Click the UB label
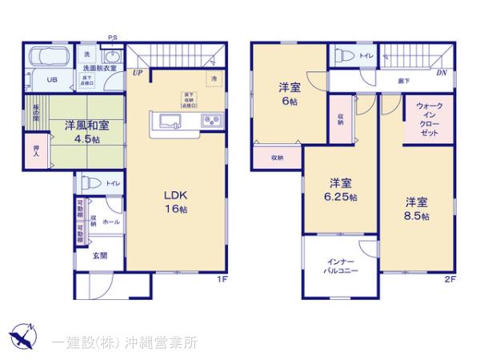tap(50, 80)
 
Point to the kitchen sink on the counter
tap(171, 122)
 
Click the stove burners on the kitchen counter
tap(213, 122)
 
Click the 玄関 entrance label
tap(99, 256)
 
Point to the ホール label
tap(110, 221)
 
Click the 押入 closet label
tap(37, 151)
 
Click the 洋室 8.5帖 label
tap(415, 208)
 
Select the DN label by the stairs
tap(442, 73)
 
